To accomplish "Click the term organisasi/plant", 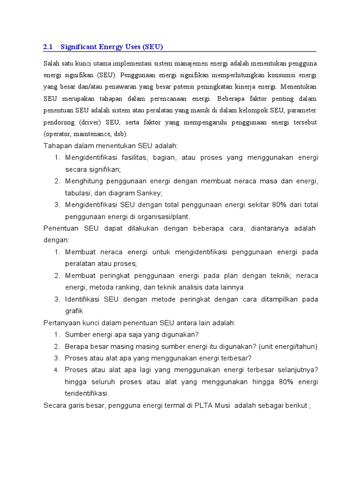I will tap(165, 217).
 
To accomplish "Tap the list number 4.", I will tap(57, 369).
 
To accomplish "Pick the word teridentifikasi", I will tap(87, 393).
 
